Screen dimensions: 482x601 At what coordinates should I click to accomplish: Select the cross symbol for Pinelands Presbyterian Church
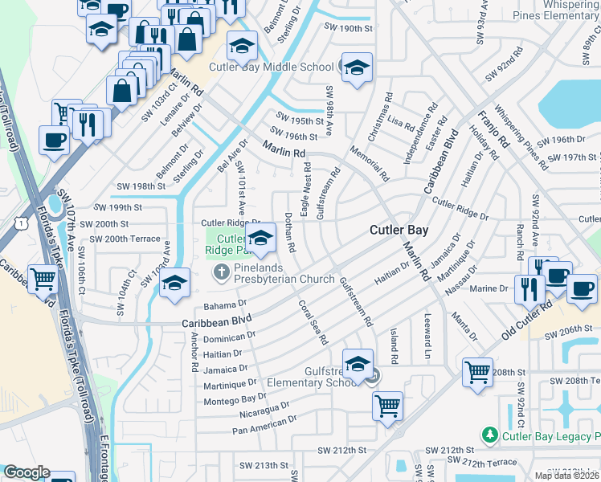pyautogui.click(x=221, y=274)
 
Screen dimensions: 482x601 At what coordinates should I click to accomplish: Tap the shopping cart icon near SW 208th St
pyautogui.click(x=477, y=372)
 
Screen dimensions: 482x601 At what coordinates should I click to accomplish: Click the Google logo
pyautogui.click(x=27, y=472)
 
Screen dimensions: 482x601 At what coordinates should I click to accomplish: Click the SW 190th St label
pyautogui.click(x=350, y=28)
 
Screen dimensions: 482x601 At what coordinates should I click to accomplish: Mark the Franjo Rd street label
pyautogui.click(x=492, y=124)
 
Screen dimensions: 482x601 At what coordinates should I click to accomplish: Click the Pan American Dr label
pyautogui.click(x=264, y=425)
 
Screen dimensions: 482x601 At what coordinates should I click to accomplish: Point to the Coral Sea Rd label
pyautogui.click(x=313, y=322)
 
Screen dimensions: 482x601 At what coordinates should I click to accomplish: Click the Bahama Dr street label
pyautogui.click(x=225, y=304)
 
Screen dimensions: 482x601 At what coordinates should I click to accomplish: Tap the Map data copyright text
pyautogui.click(x=567, y=476)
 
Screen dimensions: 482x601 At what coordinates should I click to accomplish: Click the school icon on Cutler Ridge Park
pyautogui.click(x=260, y=239)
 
